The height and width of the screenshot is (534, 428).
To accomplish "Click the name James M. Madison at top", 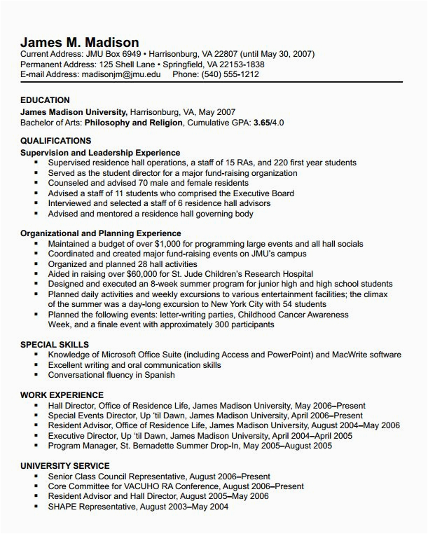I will click(x=79, y=41).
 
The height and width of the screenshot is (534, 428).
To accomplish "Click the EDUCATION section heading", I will click(x=45, y=100).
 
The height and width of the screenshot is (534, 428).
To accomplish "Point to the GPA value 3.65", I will click(x=262, y=122).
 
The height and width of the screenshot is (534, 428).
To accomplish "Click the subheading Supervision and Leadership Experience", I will click(x=100, y=152).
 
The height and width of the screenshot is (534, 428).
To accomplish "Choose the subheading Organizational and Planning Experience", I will click(x=101, y=233).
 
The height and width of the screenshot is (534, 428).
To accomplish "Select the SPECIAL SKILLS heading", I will click(x=55, y=345).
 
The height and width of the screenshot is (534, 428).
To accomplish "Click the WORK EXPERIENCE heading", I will click(x=62, y=395).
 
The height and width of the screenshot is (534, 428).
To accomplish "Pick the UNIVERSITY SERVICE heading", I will click(x=65, y=466).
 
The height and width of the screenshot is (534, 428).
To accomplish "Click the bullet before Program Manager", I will click(x=35, y=446).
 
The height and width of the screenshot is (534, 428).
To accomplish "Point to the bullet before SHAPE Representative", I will click(x=35, y=507).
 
